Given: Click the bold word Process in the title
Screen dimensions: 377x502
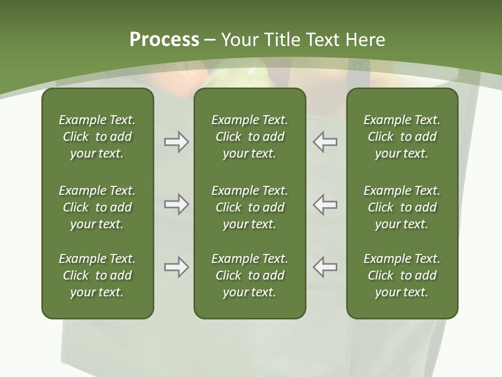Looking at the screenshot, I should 164,40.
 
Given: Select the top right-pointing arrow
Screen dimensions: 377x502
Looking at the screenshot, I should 176,142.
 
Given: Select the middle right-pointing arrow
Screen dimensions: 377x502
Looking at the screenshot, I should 176,204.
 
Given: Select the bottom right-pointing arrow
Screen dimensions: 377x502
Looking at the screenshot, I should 176,267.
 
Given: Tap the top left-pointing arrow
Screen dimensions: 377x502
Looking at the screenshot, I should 325,142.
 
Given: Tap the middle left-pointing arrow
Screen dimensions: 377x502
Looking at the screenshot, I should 325,204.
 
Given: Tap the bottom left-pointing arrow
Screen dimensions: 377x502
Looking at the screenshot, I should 325,267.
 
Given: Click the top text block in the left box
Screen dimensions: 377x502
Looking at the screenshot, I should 97,137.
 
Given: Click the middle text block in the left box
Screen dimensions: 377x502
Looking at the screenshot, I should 97,207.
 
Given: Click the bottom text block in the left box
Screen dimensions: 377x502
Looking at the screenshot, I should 97,275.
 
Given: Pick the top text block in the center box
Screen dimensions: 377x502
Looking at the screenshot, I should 249,137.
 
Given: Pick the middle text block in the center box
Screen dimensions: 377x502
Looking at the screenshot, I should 249,207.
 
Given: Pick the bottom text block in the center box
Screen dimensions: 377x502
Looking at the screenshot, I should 249,275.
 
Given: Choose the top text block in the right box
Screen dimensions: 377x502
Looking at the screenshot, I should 402,137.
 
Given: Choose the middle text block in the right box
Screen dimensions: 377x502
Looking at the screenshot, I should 402,207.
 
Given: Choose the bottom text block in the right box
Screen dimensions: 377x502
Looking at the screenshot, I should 402,275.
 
